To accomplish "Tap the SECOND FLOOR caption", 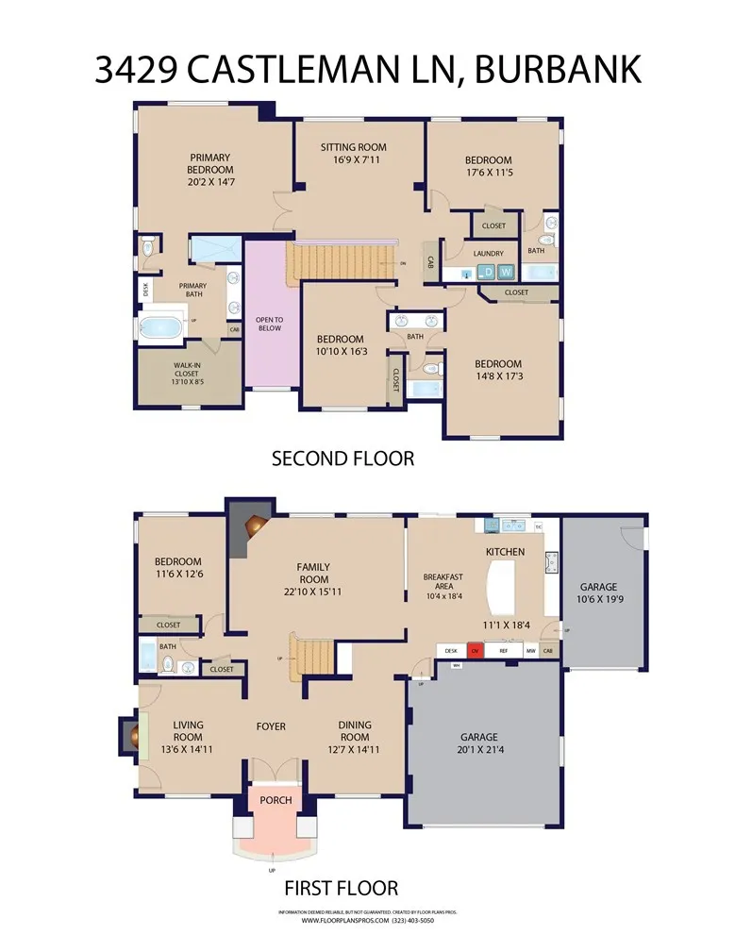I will tap(342, 459).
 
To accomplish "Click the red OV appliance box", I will tap(476, 651).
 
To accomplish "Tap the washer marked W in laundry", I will tap(507, 273).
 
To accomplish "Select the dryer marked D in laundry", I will tap(488, 273).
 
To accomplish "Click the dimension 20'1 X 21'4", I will tap(478, 751).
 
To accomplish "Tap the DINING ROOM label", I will tap(355, 731).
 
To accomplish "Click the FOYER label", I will tap(271, 726).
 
